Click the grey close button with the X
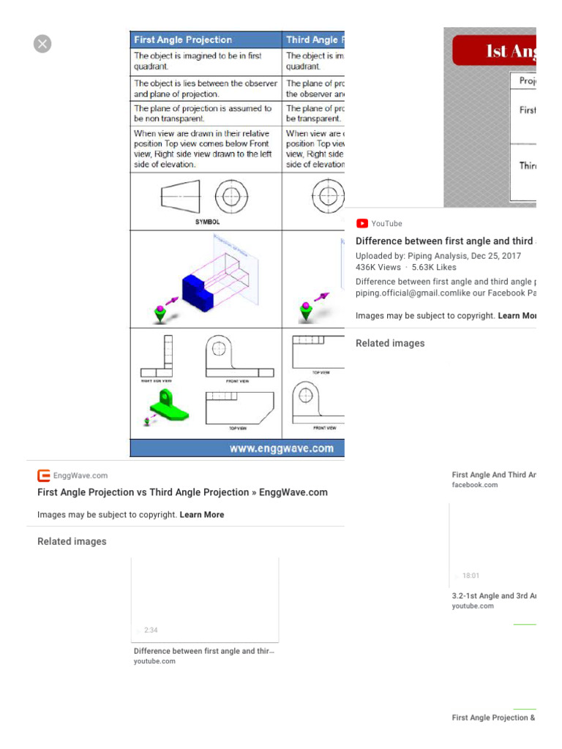point(42,44)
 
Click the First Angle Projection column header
point(183,40)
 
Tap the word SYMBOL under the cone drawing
point(207,222)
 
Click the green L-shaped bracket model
point(168,407)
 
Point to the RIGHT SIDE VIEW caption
point(156,381)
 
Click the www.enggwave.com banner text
point(282,448)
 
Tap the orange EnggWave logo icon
point(44,475)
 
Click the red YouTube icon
point(361,224)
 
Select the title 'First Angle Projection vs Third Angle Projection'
point(182,492)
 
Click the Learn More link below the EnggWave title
point(202,515)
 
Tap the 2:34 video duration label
point(151,630)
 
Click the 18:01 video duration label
point(471,576)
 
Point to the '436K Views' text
point(378,268)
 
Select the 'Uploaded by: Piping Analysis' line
point(438,256)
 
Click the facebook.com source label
point(475,485)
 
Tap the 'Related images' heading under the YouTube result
point(390,343)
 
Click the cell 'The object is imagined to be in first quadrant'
point(198,60)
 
